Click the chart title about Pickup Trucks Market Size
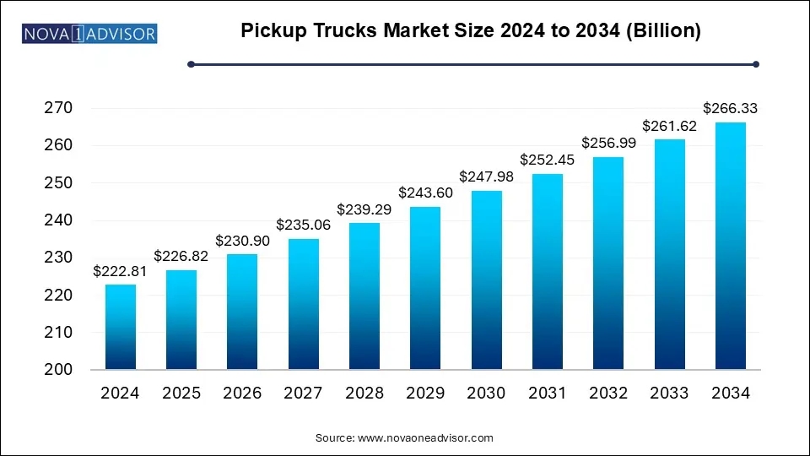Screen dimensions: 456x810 [x=471, y=32]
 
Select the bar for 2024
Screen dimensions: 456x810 [x=121, y=327]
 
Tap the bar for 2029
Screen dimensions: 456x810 [x=425, y=288]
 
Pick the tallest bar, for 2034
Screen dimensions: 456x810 [x=730, y=246]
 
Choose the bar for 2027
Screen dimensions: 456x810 [x=304, y=304]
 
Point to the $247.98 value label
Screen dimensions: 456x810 [x=486, y=176]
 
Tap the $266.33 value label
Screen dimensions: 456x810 [x=730, y=108]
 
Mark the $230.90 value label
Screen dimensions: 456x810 [x=242, y=240]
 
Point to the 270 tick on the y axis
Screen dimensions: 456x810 [x=59, y=108]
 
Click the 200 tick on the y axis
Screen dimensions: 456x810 [x=59, y=370]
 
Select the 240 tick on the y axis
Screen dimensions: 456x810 [x=59, y=220]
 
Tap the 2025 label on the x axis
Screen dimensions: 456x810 [x=181, y=393]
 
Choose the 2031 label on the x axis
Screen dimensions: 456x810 [x=548, y=393]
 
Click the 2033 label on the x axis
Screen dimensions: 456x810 [x=669, y=393]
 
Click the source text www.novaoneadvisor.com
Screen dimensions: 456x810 [x=405, y=438]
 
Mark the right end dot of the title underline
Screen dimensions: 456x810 [x=755, y=63]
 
